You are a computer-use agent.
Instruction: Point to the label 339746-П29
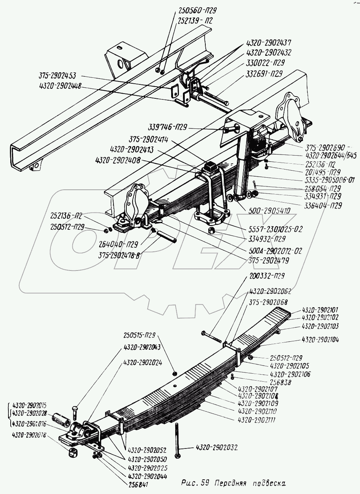coord(168,128)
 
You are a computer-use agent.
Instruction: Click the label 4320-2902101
coord(320,310)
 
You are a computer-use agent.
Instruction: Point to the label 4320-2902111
coord(257,419)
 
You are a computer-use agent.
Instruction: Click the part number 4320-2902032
coord(216,448)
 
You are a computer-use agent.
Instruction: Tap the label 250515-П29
coord(140,335)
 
